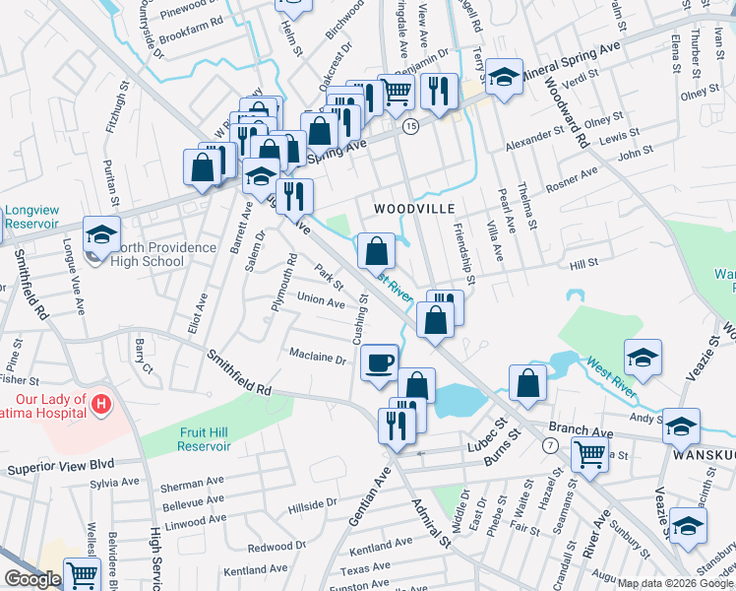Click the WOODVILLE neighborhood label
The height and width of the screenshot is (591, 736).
point(413,209)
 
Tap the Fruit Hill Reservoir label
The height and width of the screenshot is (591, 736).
point(205,438)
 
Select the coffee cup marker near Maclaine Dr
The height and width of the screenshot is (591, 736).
point(379,363)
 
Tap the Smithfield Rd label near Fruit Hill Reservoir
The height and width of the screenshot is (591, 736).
point(237,374)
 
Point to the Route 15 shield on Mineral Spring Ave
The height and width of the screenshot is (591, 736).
point(410,126)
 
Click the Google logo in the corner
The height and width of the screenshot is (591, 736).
point(31,579)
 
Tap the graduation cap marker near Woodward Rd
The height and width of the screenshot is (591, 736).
point(504,80)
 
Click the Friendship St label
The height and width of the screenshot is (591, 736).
point(463,252)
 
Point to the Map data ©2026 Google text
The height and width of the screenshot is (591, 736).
point(675,583)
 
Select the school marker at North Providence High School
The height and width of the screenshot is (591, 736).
point(100,236)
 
